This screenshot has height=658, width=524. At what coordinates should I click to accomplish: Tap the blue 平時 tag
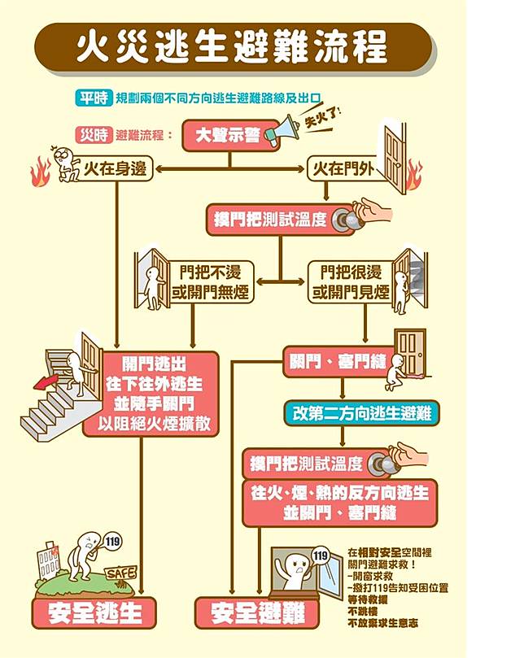coord(93,98)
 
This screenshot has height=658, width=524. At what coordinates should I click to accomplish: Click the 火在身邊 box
coord(115,169)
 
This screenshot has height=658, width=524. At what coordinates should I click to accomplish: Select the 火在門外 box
coord(344,169)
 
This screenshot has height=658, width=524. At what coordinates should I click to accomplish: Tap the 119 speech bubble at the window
coord(321,556)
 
